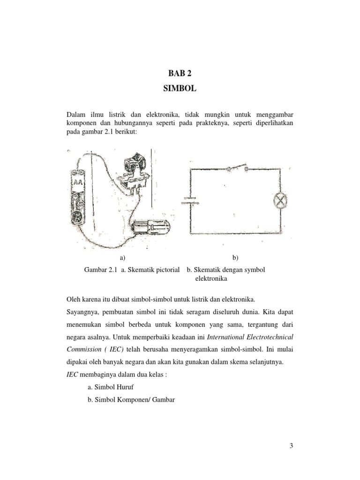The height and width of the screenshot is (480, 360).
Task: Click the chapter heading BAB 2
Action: (x=180, y=73)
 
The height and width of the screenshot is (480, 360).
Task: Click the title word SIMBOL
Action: (x=180, y=88)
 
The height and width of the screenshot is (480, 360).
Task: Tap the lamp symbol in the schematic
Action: (x=280, y=201)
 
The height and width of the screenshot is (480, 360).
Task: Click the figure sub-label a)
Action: (x=123, y=257)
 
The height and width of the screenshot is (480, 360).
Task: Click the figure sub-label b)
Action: (x=235, y=257)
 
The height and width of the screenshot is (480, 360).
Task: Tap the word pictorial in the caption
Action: (x=166, y=270)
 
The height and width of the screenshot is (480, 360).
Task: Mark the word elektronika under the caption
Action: (x=210, y=278)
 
